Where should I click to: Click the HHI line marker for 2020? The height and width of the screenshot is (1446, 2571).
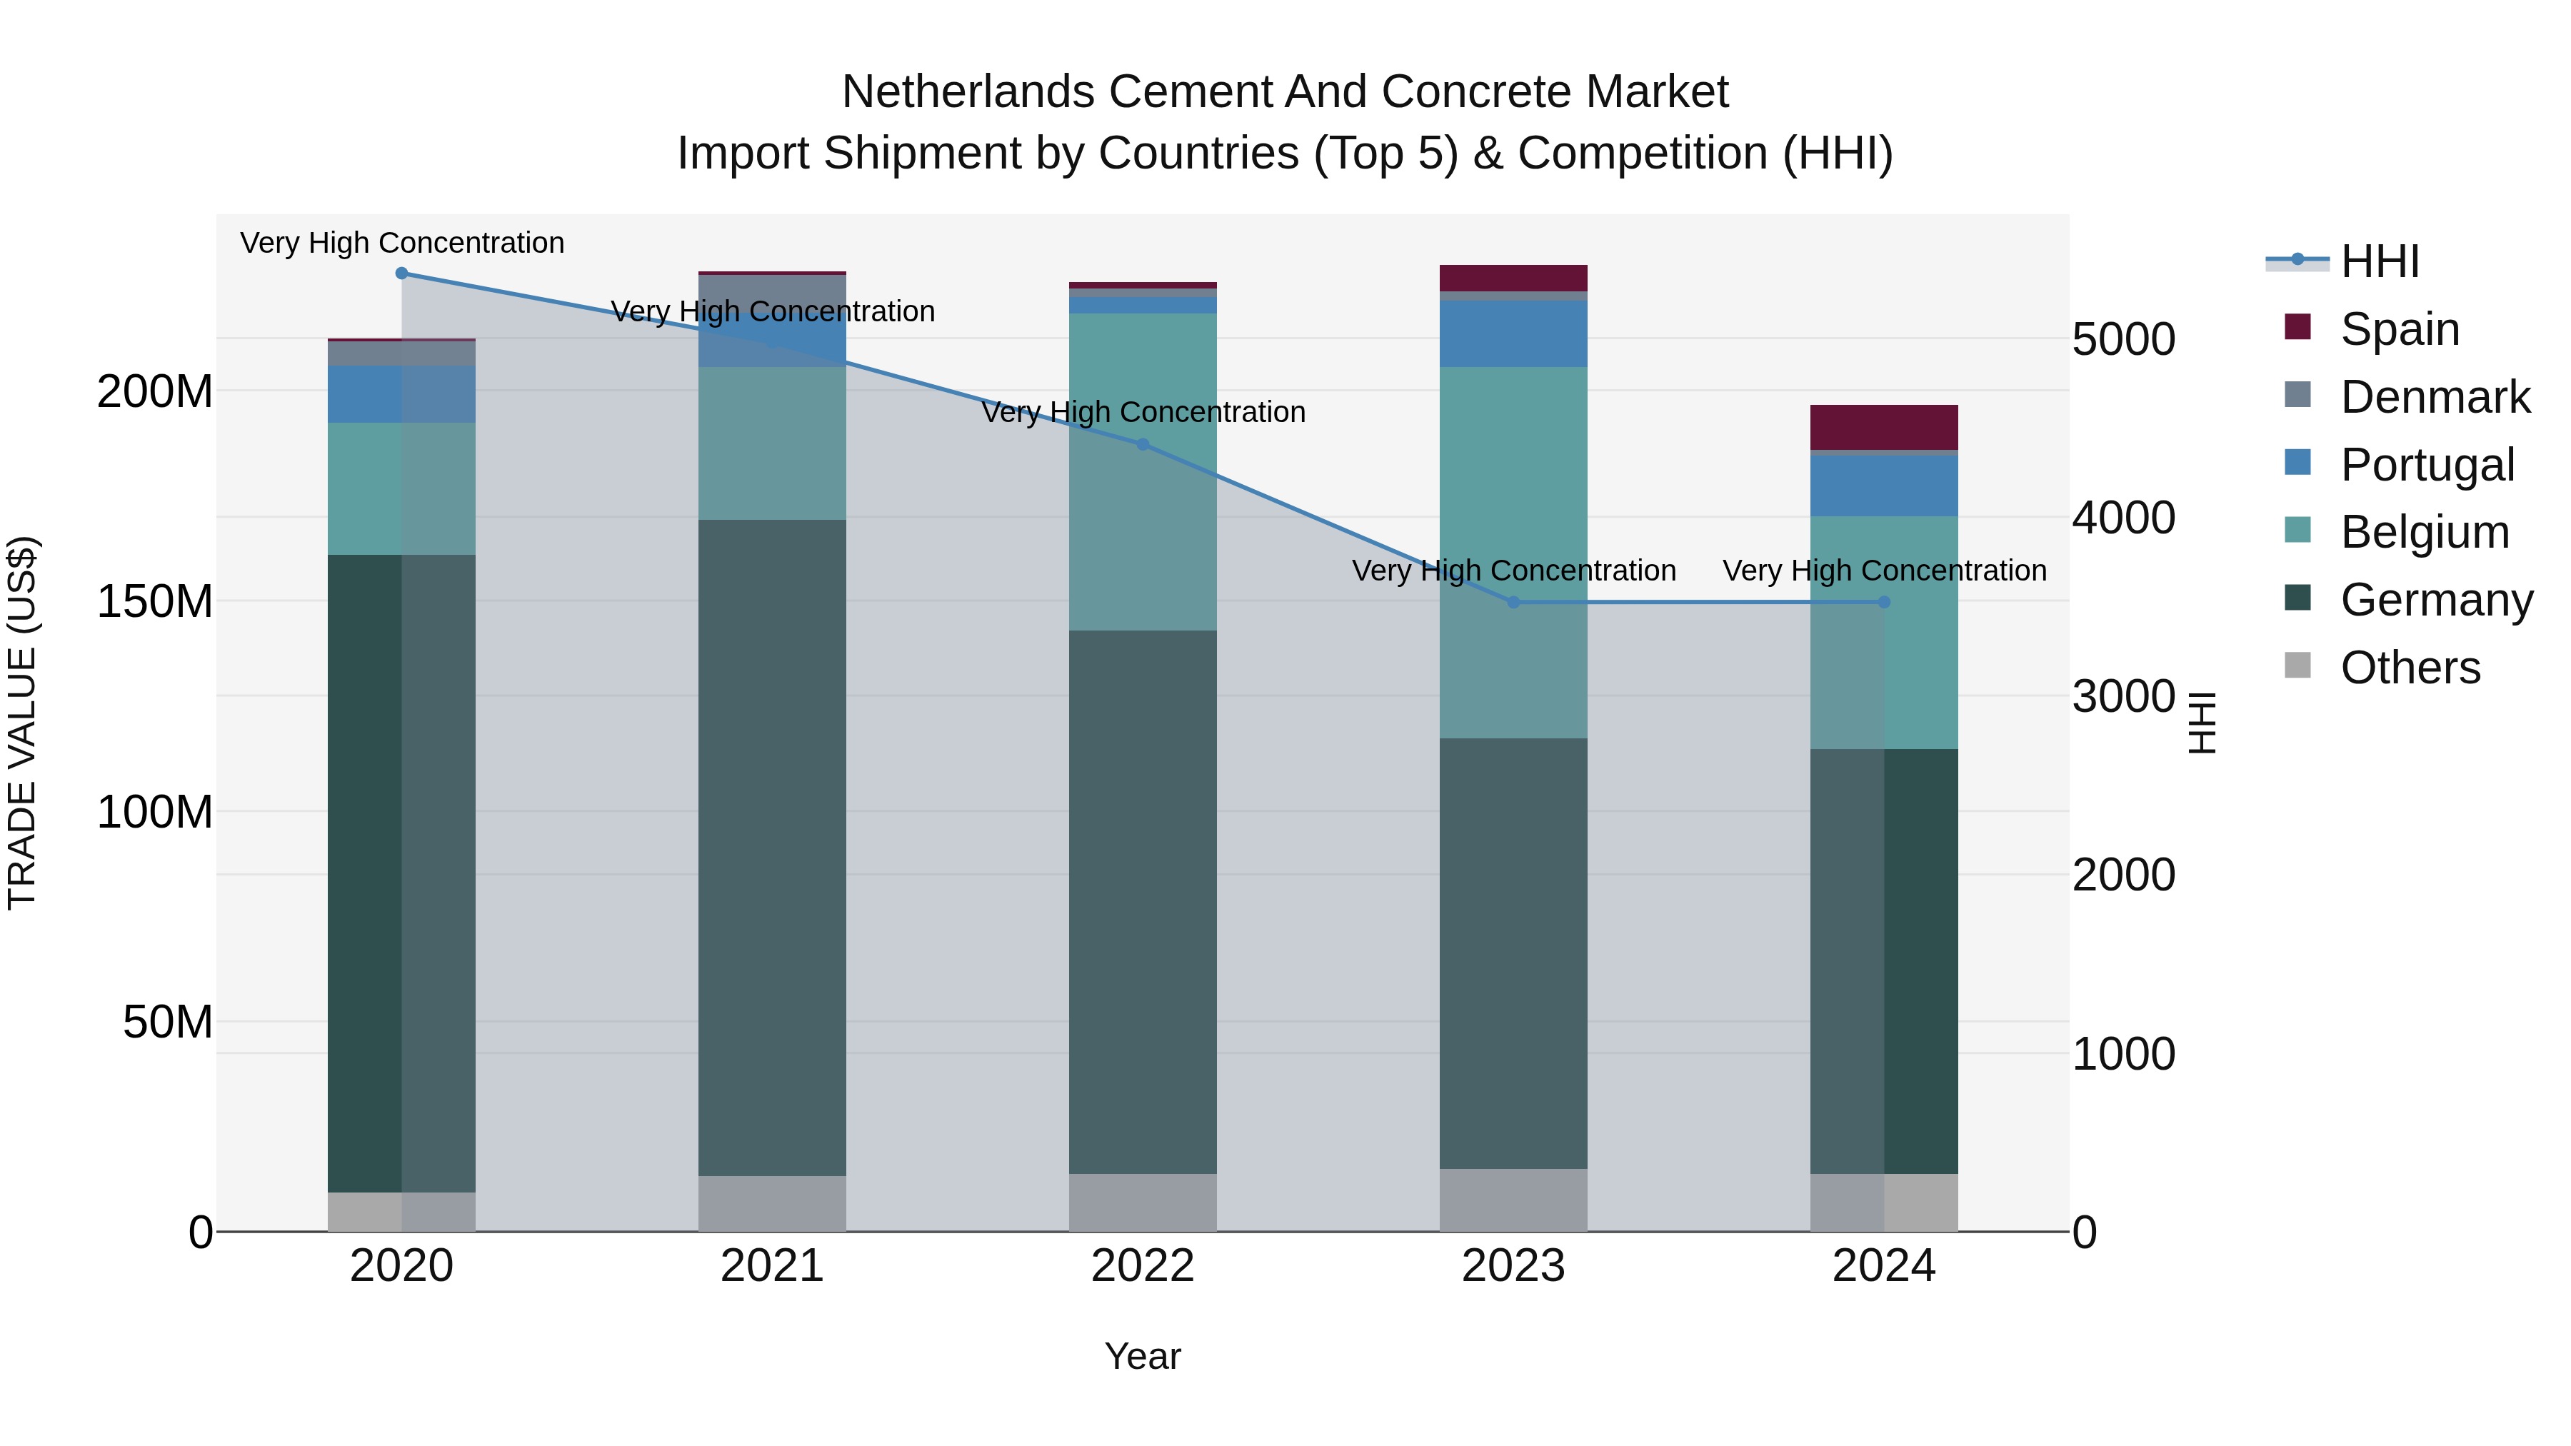pyautogui.click(x=401, y=273)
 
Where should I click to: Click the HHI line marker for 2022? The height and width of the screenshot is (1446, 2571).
pyautogui.click(x=1143, y=444)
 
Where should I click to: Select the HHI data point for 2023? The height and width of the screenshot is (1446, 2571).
pyautogui.click(x=1513, y=603)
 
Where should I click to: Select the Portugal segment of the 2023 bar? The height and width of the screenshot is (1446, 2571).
pyautogui.click(x=1513, y=333)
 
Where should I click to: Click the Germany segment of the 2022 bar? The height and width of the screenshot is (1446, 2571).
pyautogui.click(x=1143, y=901)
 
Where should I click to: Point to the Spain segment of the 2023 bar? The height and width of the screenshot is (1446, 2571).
pyautogui.click(x=1513, y=278)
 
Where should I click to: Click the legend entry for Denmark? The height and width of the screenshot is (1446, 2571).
pyautogui.click(x=2435, y=397)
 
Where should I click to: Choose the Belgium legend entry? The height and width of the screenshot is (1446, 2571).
pyautogui.click(x=2425, y=532)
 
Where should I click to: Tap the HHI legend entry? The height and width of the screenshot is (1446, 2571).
pyautogui.click(x=2380, y=261)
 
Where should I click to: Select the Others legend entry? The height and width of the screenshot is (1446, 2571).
pyautogui.click(x=2410, y=668)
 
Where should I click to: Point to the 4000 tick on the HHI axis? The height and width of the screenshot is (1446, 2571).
pyautogui.click(x=2123, y=518)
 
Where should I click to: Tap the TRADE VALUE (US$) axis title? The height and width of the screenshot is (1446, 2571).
pyautogui.click(x=22, y=723)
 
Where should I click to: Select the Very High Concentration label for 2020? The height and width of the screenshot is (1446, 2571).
pyautogui.click(x=402, y=243)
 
